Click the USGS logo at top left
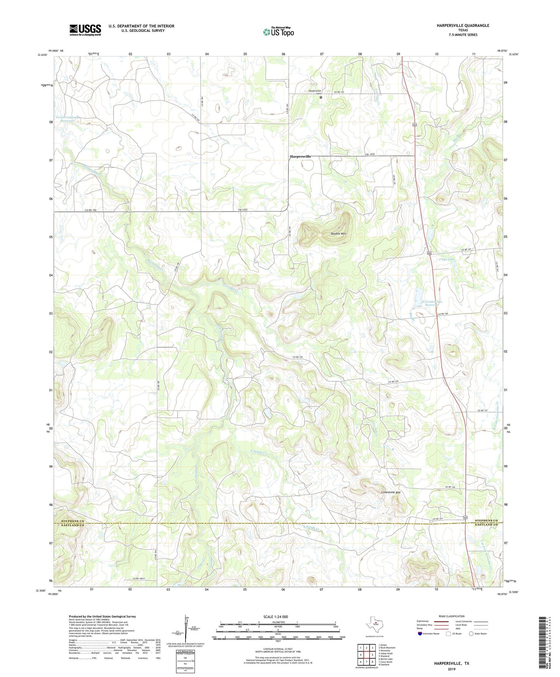(x=85, y=30)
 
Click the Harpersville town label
(x=300, y=156)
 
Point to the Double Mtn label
(x=338, y=234)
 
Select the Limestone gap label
(x=391, y=492)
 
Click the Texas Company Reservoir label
(x=67, y=119)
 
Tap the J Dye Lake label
(x=446, y=259)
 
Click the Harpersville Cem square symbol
(x=321, y=98)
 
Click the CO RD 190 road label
(x=91, y=210)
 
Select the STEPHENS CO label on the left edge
(x=72, y=521)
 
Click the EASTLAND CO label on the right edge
(x=486, y=525)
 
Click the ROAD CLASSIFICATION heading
(x=451, y=616)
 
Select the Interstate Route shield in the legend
(x=420, y=634)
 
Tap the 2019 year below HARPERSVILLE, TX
(x=451, y=669)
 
